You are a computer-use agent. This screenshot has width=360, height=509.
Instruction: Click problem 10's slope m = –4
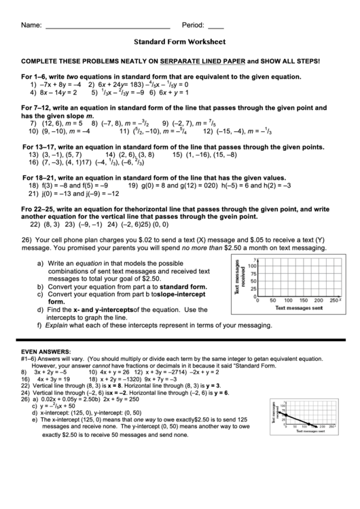pos(77,131)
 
